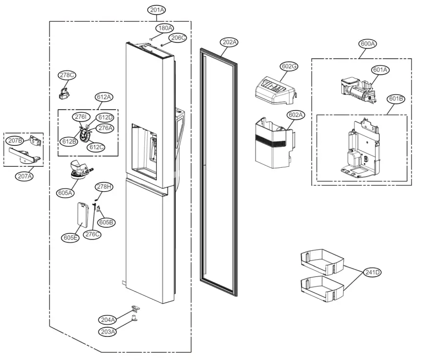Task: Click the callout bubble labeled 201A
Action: (x=157, y=10)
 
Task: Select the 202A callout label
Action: (x=229, y=43)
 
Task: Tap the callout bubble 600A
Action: (x=368, y=44)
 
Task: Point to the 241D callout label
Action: (x=372, y=273)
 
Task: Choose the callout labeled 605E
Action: (x=70, y=238)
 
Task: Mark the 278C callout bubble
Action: (x=67, y=75)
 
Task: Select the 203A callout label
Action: (x=108, y=332)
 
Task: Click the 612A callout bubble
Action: (x=103, y=97)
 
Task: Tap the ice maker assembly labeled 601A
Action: (x=357, y=91)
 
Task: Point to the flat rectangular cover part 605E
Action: (x=84, y=215)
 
